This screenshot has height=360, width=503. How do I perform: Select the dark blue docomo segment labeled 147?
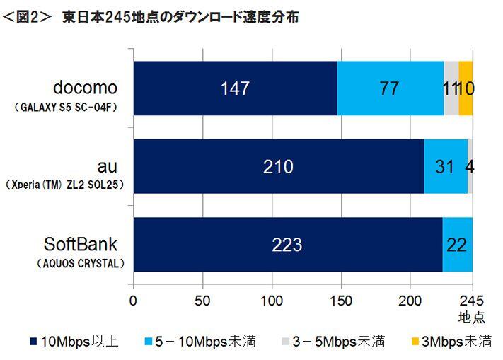[x=235, y=88]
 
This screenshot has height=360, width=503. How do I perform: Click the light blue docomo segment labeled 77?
[x=390, y=88]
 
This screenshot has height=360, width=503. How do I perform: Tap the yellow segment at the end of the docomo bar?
[x=466, y=88]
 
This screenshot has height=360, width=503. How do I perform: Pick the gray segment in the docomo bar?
[x=451, y=88]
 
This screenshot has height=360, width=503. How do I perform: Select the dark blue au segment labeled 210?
[x=278, y=167]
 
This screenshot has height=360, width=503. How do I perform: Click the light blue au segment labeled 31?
[x=445, y=167]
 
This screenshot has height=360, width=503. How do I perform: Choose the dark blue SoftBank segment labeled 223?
[x=287, y=245]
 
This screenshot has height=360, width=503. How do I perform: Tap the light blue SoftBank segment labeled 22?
[x=457, y=245]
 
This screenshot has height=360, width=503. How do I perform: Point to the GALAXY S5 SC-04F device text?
[x=67, y=108]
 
